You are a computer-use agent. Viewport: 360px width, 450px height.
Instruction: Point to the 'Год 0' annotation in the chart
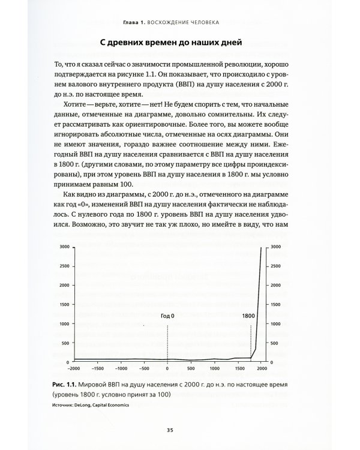pyautogui.click(x=167, y=315)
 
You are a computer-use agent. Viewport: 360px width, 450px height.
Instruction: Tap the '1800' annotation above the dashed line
pyautogui.click(x=250, y=315)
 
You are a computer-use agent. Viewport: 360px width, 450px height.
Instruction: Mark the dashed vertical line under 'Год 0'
pyautogui.click(x=167, y=342)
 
